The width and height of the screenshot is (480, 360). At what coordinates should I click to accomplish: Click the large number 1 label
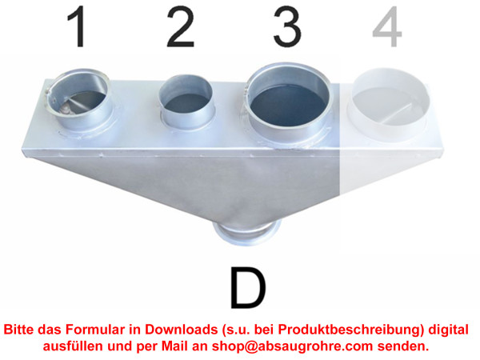[x=77, y=27]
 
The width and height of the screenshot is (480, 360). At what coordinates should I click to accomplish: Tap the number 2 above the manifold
[x=181, y=27]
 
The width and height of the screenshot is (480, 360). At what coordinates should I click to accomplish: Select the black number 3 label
[x=287, y=27]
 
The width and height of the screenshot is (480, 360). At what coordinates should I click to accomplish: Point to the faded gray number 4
[x=387, y=27]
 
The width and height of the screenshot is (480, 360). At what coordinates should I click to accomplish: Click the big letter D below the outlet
[x=248, y=288]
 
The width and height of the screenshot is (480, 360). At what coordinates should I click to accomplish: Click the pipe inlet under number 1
[x=80, y=101]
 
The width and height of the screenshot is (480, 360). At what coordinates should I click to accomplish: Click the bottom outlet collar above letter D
[x=247, y=234]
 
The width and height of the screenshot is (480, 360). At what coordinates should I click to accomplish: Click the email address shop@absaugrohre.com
[x=292, y=346]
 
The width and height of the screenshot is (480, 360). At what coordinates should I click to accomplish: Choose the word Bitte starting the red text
[x=19, y=330]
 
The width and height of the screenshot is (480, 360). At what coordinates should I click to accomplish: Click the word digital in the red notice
[x=448, y=330]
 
